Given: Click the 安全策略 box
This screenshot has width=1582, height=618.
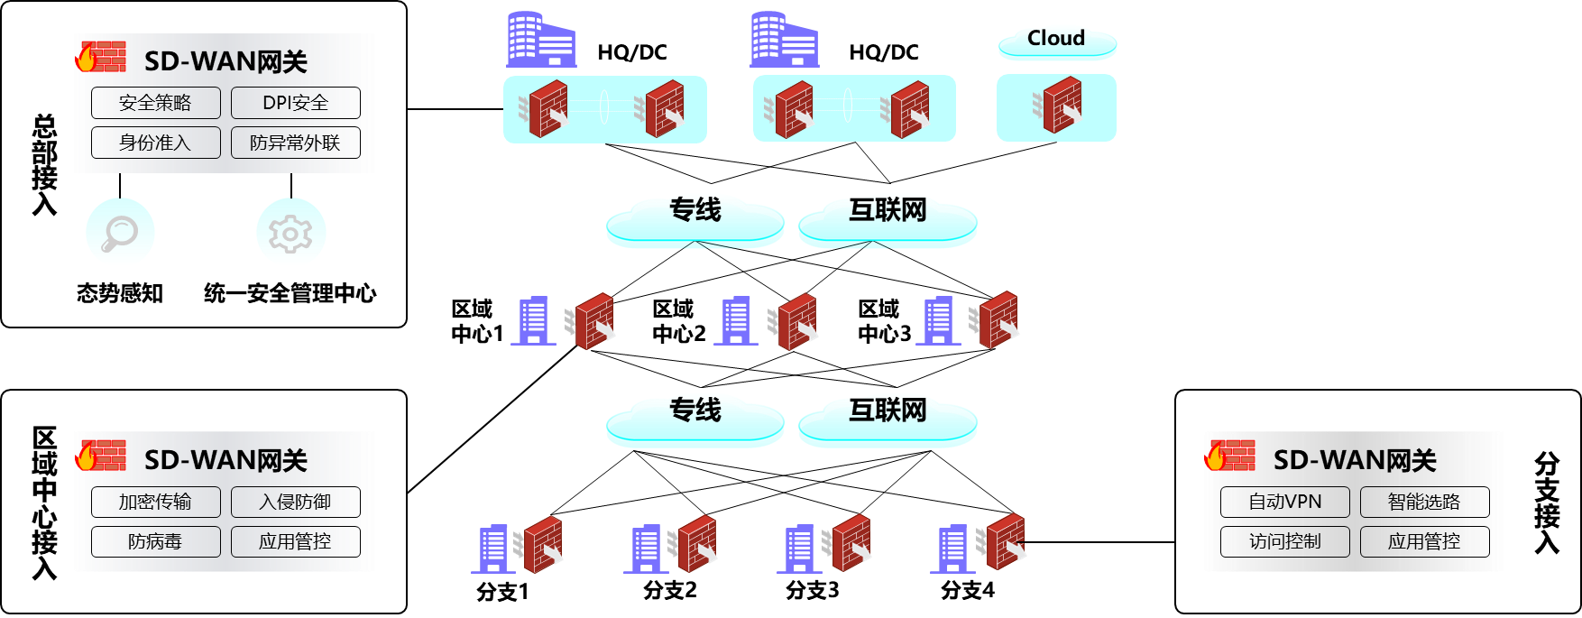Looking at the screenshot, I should coord(155,103).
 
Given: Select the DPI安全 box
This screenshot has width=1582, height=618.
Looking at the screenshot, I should coord(295,103).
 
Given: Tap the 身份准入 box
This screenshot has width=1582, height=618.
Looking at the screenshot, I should coord(155,143).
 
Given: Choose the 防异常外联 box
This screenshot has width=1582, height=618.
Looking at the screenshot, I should coord(295,143).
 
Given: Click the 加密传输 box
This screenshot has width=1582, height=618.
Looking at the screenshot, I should coord(155,502).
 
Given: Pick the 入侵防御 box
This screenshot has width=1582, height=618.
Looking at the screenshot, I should coord(295,502).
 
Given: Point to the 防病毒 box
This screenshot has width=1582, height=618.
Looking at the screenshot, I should coord(155,541).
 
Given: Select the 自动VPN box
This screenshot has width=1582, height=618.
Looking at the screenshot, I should coord(1284,502).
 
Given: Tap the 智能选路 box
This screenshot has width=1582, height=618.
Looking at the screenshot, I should coord(1424,502).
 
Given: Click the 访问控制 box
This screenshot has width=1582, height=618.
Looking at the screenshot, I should coord(1284,541).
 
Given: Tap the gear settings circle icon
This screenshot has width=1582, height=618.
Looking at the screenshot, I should coord(290,232).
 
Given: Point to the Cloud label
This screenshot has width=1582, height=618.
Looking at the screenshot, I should coord(1056,39).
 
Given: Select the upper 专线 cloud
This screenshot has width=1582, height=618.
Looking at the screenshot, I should coord(694,221).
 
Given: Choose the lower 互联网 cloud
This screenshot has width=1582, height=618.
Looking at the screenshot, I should coord(888,421).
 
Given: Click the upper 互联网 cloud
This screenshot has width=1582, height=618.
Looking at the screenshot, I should coord(888,221).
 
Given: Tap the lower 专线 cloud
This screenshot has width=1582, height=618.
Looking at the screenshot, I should coord(694,421).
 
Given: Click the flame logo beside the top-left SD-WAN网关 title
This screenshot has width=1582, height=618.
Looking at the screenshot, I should coord(87,58).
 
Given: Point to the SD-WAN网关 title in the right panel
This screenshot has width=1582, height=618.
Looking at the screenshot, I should coord(1355,461).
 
